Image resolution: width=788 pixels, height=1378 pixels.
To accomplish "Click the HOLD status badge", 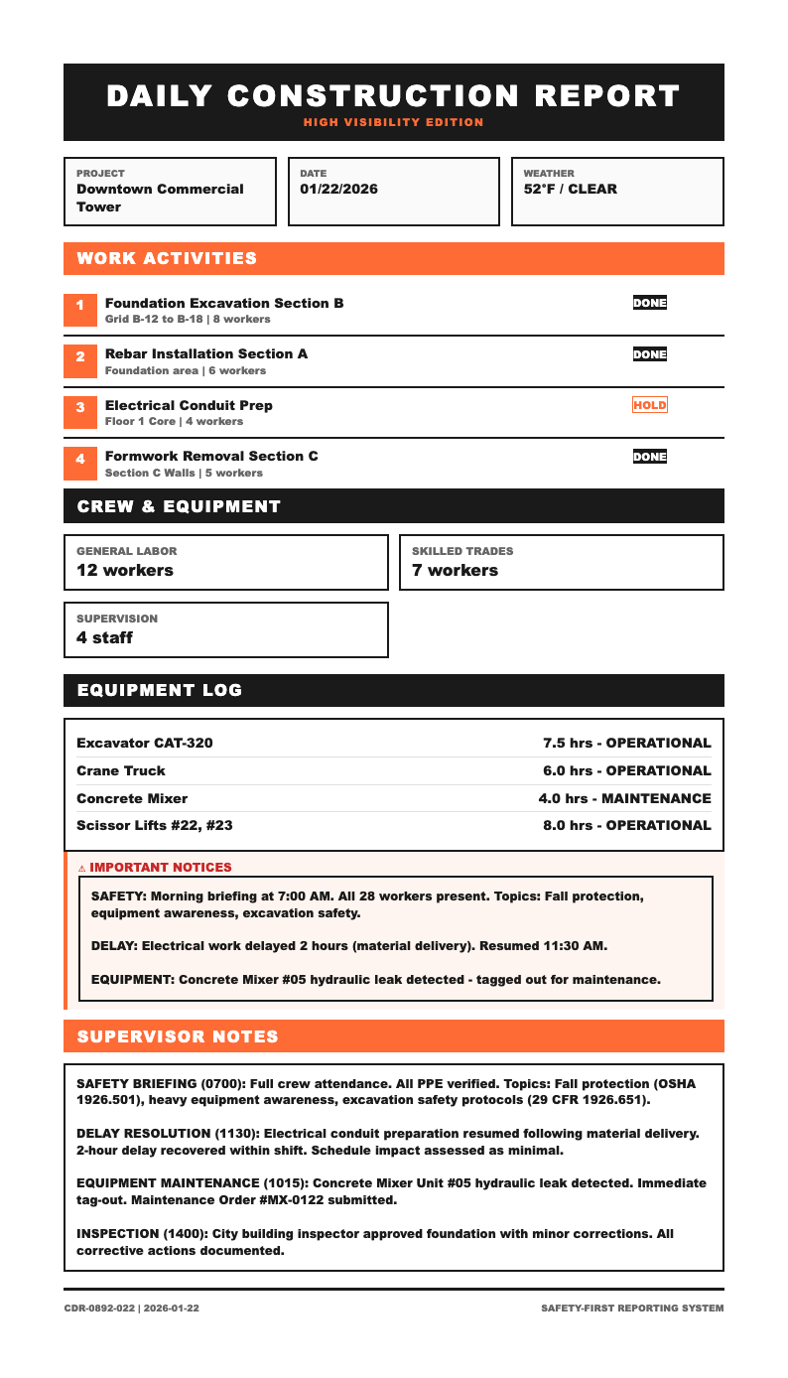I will click(650, 405).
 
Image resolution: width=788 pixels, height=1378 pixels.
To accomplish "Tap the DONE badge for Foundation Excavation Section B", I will click(650, 303).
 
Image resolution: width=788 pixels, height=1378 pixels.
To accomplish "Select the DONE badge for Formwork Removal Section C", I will click(650, 457).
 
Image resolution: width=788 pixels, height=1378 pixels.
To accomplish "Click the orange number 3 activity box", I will click(79, 406).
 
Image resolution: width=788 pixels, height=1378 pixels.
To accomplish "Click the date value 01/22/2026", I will click(338, 189).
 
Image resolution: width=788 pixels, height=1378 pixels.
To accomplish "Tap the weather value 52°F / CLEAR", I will click(570, 189).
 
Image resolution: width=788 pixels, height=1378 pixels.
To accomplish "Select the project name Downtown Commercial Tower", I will click(160, 198).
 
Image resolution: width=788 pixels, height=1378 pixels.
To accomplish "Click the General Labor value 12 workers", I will click(125, 570).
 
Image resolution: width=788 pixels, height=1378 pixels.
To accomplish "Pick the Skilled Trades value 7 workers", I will click(455, 570).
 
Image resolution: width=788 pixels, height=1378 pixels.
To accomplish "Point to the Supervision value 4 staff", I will click(104, 637).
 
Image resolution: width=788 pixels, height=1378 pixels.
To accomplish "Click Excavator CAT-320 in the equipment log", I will click(144, 743).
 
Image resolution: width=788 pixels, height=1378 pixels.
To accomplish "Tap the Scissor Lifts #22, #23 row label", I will click(154, 825).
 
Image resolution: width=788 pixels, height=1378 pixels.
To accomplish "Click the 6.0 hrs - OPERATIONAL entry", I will click(626, 770).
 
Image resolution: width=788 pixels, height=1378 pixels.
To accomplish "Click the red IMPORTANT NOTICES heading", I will click(161, 867).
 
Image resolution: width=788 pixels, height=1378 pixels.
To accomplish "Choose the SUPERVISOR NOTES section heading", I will click(178, 1036).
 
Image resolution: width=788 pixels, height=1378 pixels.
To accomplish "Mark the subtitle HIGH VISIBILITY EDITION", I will click(394, 122).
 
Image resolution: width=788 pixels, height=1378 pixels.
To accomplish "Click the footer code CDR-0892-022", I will click(99, 1309).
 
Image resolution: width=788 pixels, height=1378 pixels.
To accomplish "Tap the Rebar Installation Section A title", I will click(206, 353).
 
